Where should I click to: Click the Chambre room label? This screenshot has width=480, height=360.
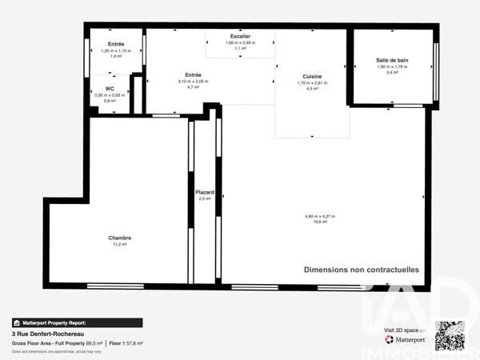tap(120, 238)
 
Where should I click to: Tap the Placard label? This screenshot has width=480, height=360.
tap(203, 193)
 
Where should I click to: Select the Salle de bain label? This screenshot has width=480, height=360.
tap(392, 60)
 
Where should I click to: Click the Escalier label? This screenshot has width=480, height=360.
tap(240, 36)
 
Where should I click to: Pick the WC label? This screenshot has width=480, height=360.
tap(110, 89)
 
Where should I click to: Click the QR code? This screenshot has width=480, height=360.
tap(449, 334)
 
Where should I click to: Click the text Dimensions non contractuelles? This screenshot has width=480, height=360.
tap(361, 270)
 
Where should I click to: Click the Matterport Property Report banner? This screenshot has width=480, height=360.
tap(77, 322)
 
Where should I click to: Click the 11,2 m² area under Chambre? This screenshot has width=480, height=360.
tap(120, 244)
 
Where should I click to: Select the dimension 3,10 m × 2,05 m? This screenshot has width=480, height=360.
tap(193, 82)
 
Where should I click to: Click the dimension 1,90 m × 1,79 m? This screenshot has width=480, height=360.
tap(392, 66)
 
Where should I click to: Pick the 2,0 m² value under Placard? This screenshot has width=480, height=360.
tap(204, 198)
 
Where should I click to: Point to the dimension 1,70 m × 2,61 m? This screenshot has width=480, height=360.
tap(312, 83)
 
